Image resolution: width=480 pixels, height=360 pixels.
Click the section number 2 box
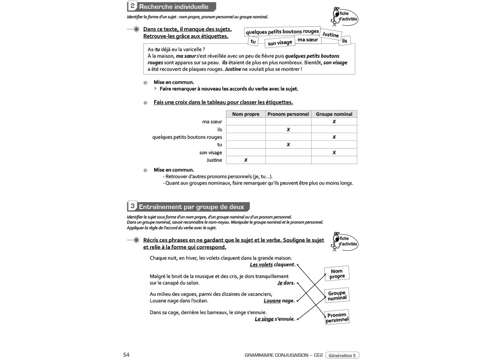[133, 7]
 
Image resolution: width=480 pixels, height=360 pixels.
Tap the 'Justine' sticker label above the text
[330, 35]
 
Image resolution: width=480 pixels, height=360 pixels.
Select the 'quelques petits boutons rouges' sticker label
[282, 32]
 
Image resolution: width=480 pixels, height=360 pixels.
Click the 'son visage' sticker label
[280, 43]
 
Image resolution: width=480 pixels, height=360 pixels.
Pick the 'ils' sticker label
[346, 41]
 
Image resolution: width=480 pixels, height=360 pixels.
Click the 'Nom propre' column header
[246, 114]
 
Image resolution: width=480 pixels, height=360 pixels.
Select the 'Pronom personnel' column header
[288, 114]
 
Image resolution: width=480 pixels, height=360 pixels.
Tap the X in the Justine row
[246, 160]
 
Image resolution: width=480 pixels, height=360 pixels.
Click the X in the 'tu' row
[288, 145]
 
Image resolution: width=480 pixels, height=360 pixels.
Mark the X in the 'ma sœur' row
[334, 121]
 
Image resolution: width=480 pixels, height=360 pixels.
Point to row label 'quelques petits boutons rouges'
[187, 137]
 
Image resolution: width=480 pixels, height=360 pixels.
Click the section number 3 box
[133, 206]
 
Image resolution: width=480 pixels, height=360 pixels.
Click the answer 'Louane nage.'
[279, 301]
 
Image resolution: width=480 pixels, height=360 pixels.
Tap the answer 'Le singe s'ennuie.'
[275, 319]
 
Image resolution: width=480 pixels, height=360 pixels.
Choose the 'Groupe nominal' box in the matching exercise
[337, 296]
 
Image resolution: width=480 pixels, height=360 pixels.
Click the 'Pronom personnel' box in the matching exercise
[337, 317]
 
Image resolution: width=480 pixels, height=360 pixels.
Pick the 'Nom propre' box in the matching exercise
[337, 274]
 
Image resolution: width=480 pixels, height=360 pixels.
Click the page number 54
[126, 355]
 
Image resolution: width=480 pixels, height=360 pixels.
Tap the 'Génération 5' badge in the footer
[342, 355]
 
